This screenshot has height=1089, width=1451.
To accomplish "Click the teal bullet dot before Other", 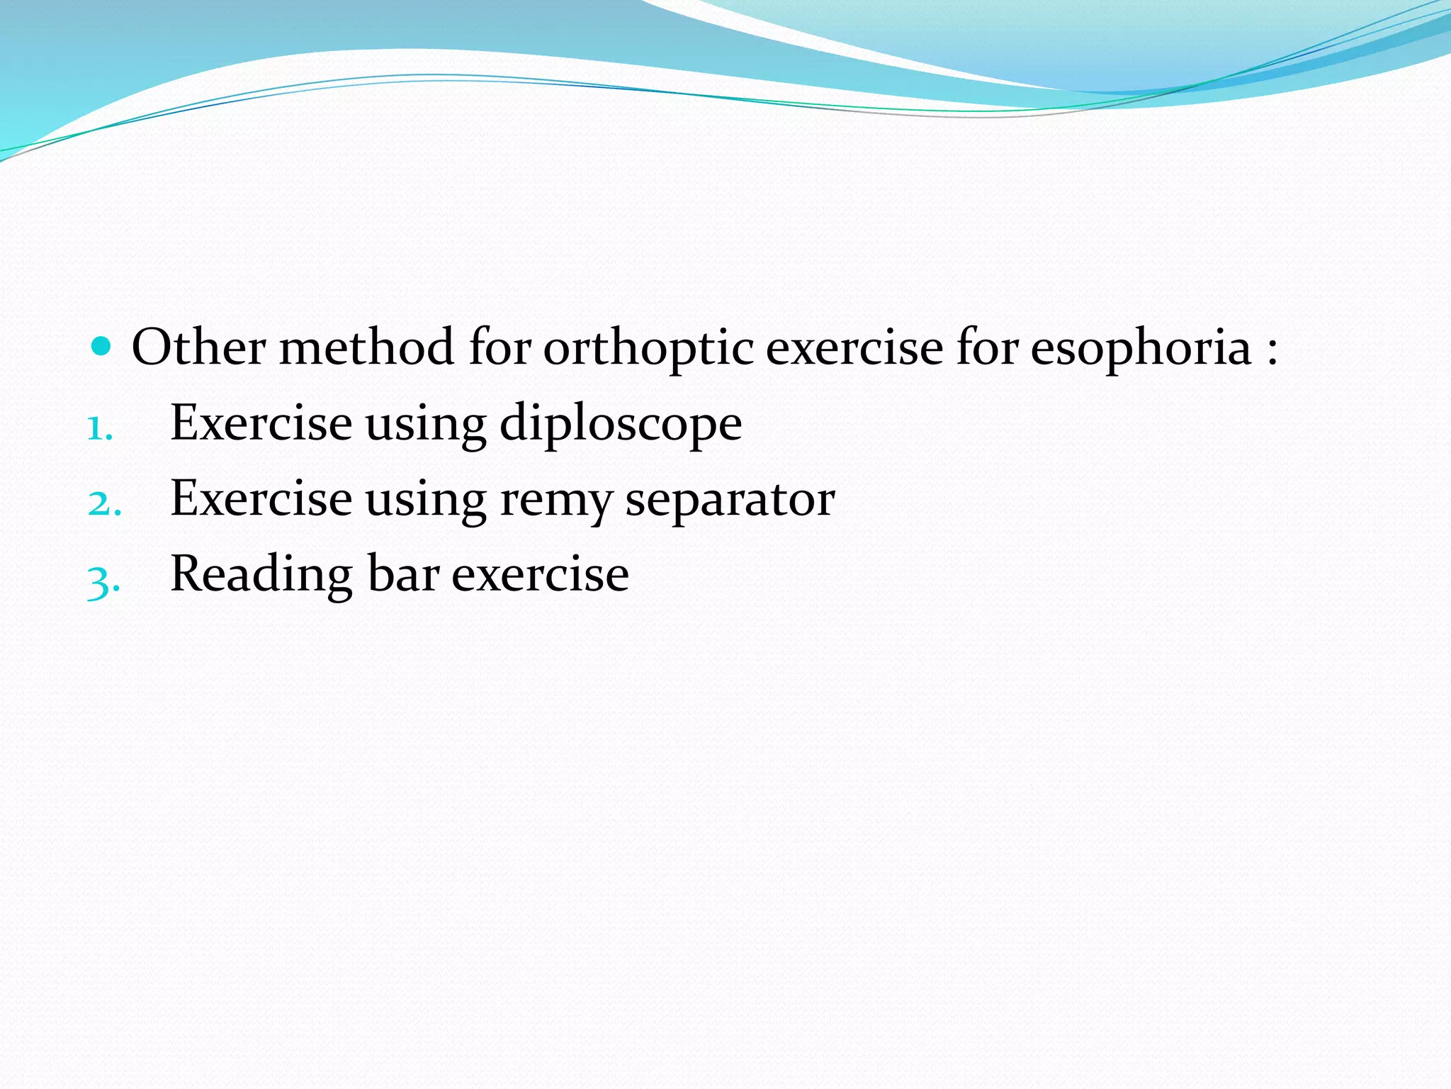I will pos(102,347).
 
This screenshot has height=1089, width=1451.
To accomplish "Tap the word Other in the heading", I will pos(198,347).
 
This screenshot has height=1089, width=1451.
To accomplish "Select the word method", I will pos(366,347).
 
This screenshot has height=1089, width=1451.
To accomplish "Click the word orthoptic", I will pos(648,349).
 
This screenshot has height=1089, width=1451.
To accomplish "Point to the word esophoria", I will pos(1141,349).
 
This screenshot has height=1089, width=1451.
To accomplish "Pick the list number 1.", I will pos(99,428).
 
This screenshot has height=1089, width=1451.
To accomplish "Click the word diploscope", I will pos(621,424).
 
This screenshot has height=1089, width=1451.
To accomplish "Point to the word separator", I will pos(730,501).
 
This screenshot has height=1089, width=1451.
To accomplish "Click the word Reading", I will pos(261,574).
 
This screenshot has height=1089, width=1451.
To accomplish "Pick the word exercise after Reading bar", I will pos(540,574).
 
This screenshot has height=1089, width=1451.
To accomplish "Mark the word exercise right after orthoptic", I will pos(854,347).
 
